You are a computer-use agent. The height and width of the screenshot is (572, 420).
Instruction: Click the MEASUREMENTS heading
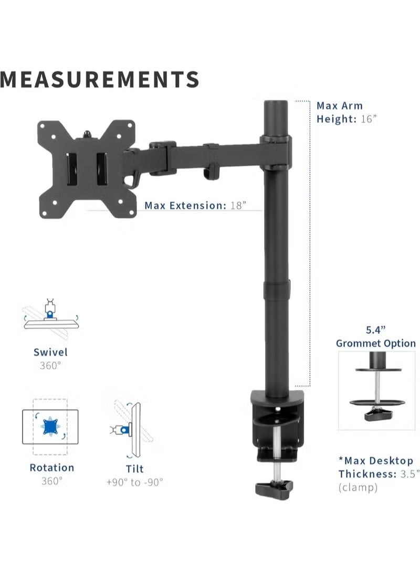(100, 79)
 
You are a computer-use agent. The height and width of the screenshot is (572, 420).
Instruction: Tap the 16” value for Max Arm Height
(369, 119)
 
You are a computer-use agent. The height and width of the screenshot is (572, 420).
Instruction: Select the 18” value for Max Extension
(238, 205)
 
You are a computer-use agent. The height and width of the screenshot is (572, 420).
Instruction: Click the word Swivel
(50, 353)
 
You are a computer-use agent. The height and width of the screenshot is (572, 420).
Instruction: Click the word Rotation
(51, 468)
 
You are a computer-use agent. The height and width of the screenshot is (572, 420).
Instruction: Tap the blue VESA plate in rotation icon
(51, 425)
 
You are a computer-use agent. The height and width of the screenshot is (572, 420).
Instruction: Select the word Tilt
(134, 469)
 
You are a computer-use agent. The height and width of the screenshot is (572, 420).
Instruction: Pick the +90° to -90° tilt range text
(134, 482)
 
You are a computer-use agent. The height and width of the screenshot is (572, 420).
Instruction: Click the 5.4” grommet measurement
(375, 330)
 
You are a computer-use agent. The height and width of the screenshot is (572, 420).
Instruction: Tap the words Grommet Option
(375, 344)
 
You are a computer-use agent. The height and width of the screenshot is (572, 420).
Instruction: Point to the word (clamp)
(358, 488)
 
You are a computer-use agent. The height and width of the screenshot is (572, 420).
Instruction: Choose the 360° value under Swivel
(50, 365)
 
